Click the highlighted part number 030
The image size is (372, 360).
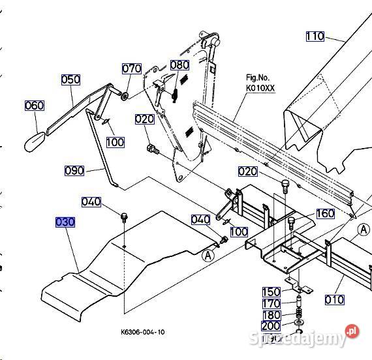[x=65, y=222]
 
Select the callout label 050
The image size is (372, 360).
[x=70, y=80]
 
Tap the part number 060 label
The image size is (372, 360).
[x=35, y=106]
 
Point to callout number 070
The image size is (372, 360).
[x=132, y=68]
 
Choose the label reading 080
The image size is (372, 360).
[x=179, y=65]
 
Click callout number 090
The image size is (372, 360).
[x=74, y=170]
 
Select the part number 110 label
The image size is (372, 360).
[x=315, y=37]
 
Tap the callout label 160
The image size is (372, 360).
[x=325, y=213]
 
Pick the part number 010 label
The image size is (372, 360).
[x=334, y=300]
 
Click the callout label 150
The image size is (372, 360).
[x=271, y=292]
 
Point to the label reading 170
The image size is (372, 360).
[x=271, y=303]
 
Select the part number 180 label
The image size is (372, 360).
[x=271, y=315]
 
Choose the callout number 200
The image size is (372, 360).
[x=271, y=326]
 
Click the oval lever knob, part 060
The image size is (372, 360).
[x=35, y=142]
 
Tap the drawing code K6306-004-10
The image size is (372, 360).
[x=142, y=332]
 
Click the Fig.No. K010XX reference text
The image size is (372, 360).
[x=260, y=83]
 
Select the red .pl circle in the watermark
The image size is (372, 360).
[x=352, y=331]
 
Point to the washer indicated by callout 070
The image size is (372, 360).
[x=125, y=96]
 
